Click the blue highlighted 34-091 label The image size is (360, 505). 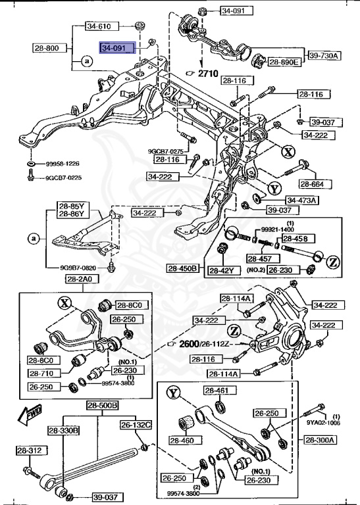[117, 48]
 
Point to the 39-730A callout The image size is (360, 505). [322, 56]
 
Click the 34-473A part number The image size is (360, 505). [301, 200]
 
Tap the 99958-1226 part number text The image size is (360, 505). [63, 163]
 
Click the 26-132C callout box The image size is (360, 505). [136, 425]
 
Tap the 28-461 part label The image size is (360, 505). [216, 391]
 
